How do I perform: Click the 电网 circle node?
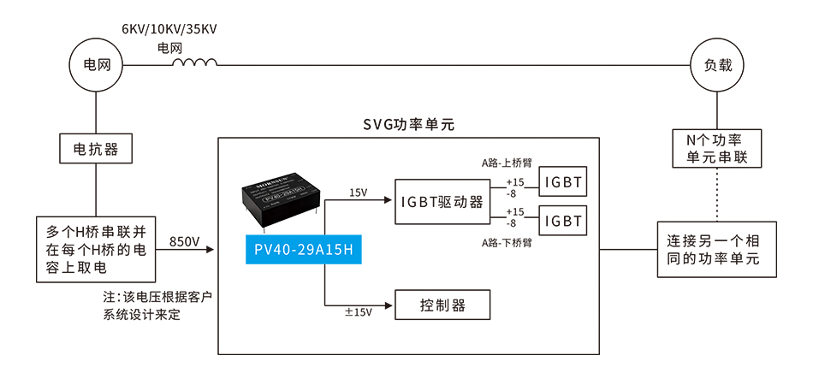point(95,64)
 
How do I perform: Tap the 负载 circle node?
point(717,64)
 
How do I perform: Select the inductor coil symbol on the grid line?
point(195,62)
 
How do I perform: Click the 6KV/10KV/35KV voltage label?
point(169,29)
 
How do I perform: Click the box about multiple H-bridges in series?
point(95,250)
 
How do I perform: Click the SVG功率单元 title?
point(408,125)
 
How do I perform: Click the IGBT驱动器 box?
point(442,202)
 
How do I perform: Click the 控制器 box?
point(442,305)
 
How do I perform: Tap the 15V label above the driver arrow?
point(359,192)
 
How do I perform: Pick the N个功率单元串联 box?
point(717,150)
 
